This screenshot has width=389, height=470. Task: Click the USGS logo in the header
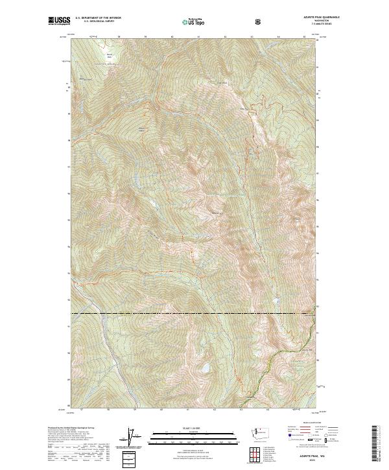(x=59, y=21)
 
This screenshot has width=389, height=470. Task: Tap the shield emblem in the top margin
(x=259, y=21)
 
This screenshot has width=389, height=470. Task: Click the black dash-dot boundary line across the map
(x=194, y=314)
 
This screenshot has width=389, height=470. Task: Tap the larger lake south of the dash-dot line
(x=203, y=368)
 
